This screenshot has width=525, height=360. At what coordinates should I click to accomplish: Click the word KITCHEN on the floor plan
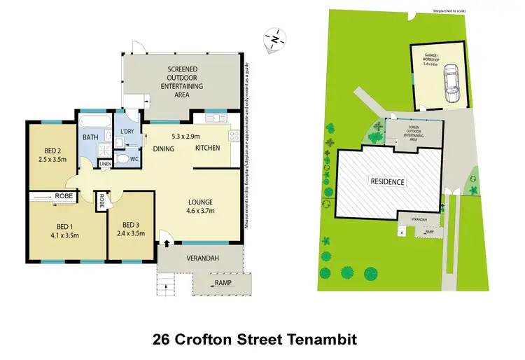coord(207,148)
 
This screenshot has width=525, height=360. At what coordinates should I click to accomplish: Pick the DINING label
coord(164,148)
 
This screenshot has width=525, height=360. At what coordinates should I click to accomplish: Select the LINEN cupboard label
coord(105,164)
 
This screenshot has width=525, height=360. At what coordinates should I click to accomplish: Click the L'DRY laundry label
coord(127,132)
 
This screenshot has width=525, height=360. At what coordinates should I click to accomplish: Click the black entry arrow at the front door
coord(167,244)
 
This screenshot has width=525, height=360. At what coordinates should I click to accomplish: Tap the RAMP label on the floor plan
coord(223,284)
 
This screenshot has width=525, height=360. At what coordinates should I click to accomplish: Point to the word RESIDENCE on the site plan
coord(387,182)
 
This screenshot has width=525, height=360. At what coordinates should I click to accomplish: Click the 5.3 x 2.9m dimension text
coord(185,136)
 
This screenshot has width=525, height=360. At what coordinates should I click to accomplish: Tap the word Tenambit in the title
coord(319,340)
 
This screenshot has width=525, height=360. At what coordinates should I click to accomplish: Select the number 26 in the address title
coord(162,340)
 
